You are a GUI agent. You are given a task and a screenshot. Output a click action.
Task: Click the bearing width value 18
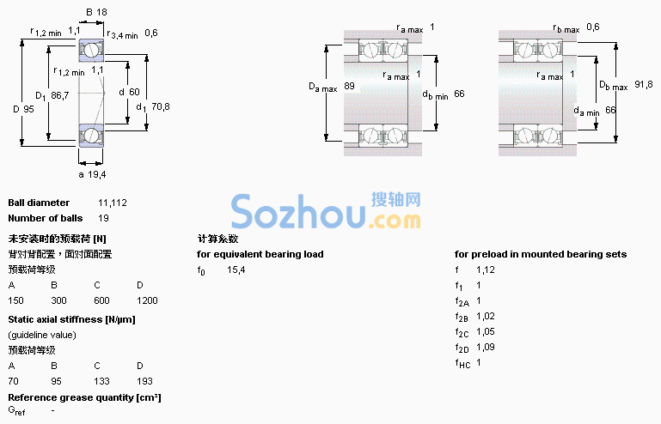[102, 12]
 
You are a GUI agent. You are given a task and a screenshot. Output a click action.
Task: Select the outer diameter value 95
[28, 109]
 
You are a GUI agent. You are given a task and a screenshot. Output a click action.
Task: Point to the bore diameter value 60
[134, 92]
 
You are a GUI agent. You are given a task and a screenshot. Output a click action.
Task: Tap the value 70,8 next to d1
[161, 106]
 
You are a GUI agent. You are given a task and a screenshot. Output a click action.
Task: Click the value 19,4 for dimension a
[97, 174]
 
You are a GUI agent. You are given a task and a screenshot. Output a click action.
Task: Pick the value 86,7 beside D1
[60, 95]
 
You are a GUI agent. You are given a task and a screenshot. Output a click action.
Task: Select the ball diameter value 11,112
[113, 203]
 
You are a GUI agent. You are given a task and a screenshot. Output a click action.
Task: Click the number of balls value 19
[103, 218]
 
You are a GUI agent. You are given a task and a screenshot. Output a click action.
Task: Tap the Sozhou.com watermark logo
[327, 210]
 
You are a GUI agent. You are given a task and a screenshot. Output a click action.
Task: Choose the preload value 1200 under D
[147, 300]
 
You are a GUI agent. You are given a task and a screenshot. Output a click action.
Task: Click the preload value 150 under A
[16, 300]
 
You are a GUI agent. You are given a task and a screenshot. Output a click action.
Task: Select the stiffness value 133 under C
[101, 381]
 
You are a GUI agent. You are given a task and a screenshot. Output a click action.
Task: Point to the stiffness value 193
[144, 381]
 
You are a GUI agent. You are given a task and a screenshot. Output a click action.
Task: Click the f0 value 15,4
[236, 270]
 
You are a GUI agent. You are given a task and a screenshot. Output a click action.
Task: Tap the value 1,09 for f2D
[486, 347]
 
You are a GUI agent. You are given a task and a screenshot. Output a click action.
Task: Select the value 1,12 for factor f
[486, 270]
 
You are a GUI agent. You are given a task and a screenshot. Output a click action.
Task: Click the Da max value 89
[350, 86]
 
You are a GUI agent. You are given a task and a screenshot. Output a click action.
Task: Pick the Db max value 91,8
[644, 85]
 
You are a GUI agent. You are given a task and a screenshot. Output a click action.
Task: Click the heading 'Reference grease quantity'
[70, 397]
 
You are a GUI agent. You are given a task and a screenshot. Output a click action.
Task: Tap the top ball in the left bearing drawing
[90, 51]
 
